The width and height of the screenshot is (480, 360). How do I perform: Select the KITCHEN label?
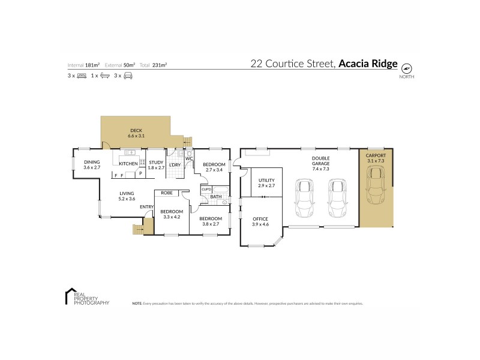coord(128,164)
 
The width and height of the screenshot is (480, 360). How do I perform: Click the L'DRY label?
coord(175,165)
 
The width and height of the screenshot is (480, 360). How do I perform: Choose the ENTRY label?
coord(146,207)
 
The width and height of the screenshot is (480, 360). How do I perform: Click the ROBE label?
coord(167,193)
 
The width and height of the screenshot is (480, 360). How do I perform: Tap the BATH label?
coord(216,197)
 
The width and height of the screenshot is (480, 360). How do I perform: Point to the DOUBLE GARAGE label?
coord(320,162)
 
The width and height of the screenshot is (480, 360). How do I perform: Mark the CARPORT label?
coord(376,157)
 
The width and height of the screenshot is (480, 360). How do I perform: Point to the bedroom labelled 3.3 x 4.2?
coord(172,214)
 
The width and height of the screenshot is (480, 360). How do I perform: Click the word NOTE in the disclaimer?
coord(137,304)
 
